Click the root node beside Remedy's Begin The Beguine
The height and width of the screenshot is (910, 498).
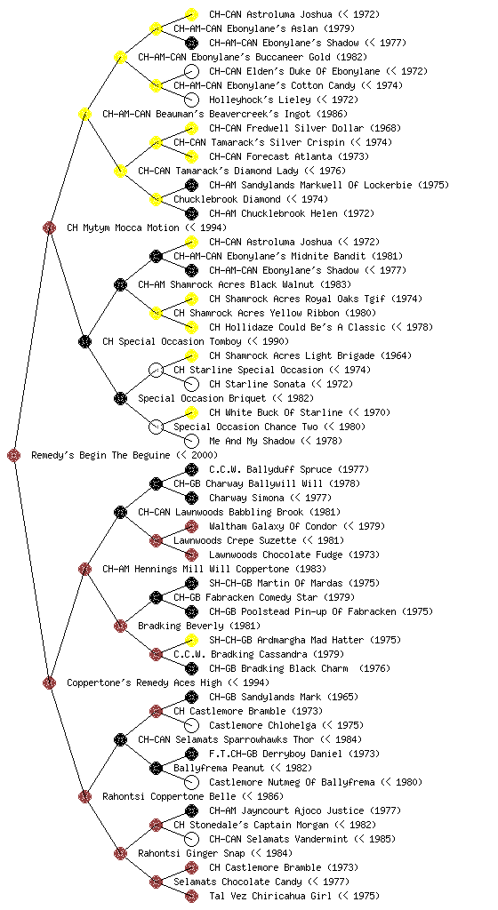pyautogui.click(x=14, y=455)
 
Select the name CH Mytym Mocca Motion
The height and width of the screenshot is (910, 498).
pyautogui.click(x=123, y=227)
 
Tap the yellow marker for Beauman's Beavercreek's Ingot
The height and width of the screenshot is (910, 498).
pyautogui.click(x=84, y=114)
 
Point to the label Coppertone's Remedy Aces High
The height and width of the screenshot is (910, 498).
pyautogui.click(x=145, y=682)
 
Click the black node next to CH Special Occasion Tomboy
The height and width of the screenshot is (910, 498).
pyautogui.click(x=84, y=341)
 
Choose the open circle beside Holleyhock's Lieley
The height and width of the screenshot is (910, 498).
pyautogui.click(x=191, y=100)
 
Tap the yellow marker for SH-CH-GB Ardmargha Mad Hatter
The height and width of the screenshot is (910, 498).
pyautogui.click(x=191, y=640)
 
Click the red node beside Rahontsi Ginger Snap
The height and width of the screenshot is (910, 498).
pyautogui.click(x=120, y=853)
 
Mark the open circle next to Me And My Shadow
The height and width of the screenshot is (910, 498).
pyautogui.click(x=191, y=441)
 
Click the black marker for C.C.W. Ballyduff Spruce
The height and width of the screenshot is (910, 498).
pyautogui.click(x=191, y=469)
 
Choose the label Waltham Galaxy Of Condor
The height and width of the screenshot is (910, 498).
pyautogui.click(x=273, y=526)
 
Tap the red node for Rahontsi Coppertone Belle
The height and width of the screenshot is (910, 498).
pyautogui.click(x=84, y=796)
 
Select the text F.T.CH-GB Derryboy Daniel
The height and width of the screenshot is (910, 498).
pyautogui.click(x=278, y=754)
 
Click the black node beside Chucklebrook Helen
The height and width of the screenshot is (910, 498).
pyautogui.click(x=191, y=213)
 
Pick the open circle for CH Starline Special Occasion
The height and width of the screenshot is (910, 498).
pyautogui.click(x=156, y=370)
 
